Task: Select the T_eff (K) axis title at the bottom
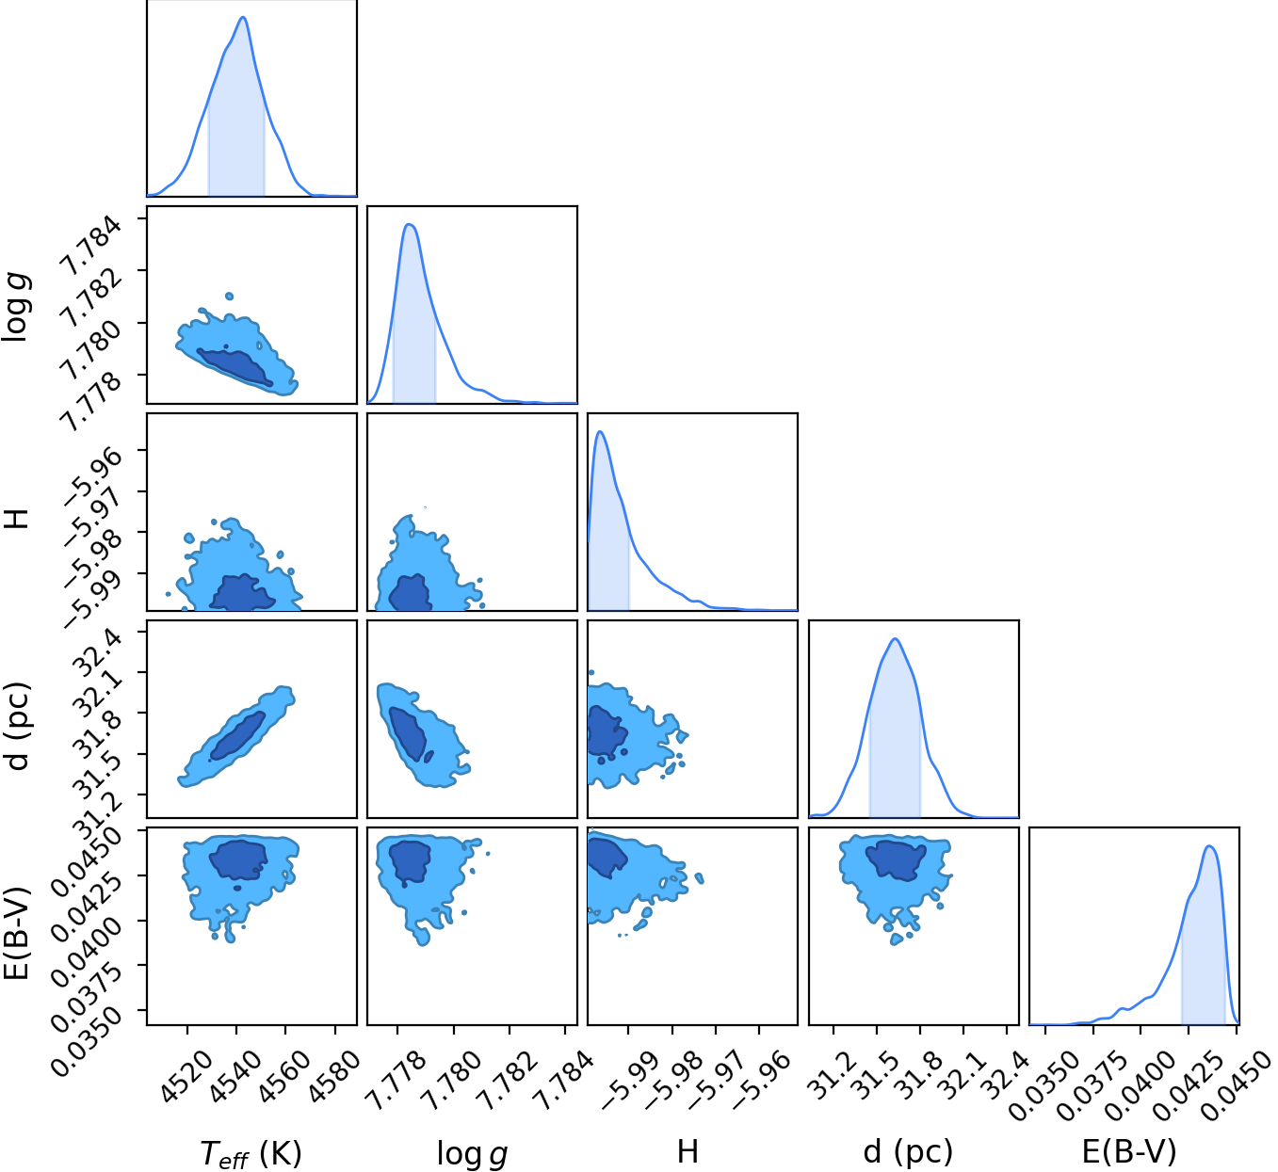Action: click(251, 1153)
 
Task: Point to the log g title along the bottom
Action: click(472, 1154)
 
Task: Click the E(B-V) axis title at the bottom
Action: click(1129, 1151)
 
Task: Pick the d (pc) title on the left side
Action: click(18, 726)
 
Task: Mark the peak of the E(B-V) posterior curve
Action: click(1209, 846)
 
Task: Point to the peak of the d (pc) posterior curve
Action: click(896, 639)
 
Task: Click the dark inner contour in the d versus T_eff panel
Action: click(237, 736)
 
